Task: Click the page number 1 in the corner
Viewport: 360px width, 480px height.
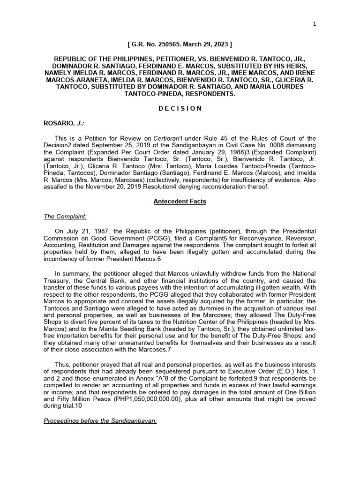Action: pyautogui.click(x=315, y=25)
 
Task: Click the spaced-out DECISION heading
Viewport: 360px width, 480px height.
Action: pyautogui.click(x=180, y=108)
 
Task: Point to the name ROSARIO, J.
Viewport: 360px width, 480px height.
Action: pyautogui.click(x=61, y=123)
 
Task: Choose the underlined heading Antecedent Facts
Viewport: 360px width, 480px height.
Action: pyautogui.click(x=180, y=202)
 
